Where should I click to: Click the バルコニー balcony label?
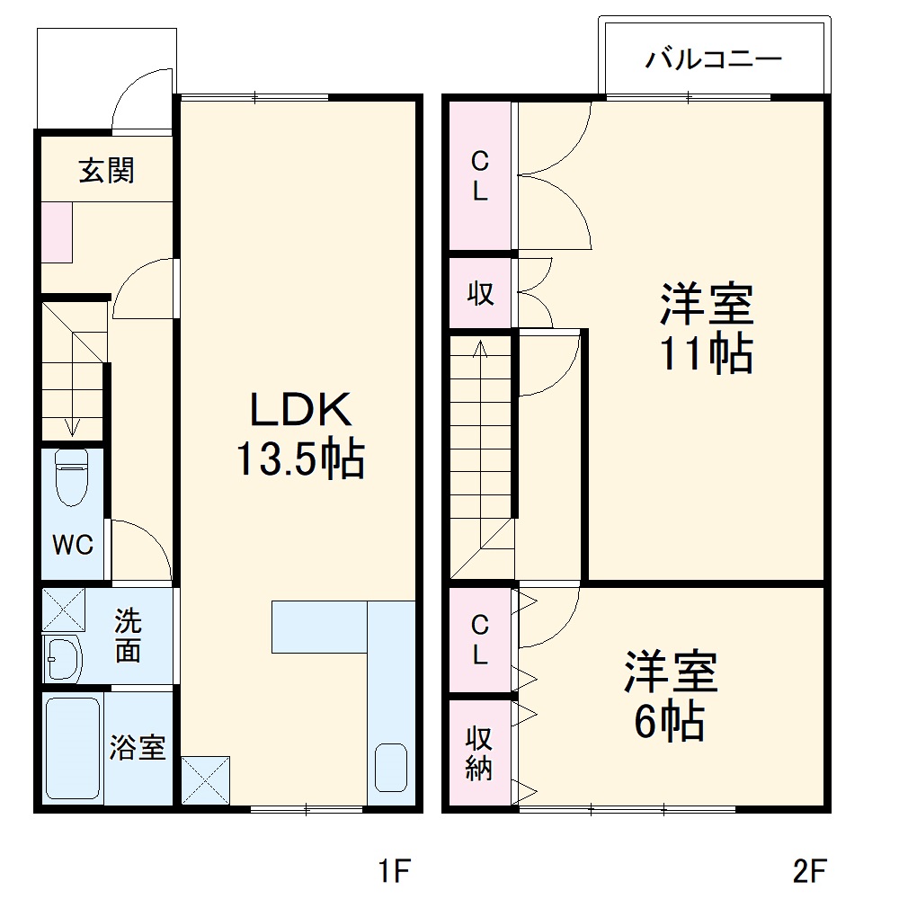pos(714,61)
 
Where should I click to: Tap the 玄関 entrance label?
pos(106,170)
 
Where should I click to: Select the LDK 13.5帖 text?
pos(299,435)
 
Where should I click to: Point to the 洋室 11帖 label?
pos(707,328)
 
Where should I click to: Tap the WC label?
pos(72,545)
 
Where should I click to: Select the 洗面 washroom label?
pos(128,635)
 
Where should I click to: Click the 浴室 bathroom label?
pos(138,747)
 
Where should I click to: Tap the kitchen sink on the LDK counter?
pos(391,767)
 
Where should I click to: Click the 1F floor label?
pos(393,870)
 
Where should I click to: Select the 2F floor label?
pos(809,870)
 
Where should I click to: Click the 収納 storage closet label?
pos(479,752)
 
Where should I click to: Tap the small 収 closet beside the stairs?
pos(480,293)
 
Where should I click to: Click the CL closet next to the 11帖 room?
pos(480,176)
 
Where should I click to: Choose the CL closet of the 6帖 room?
pos(480,639)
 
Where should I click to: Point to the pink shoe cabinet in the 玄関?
pos(56,232)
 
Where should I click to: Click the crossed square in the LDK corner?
pos(206,779)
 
